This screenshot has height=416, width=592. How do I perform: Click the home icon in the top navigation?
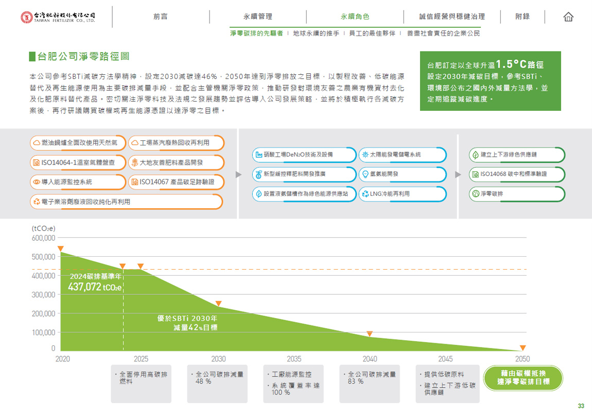click(568, 17)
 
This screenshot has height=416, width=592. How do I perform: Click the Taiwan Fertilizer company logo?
click(58, 17)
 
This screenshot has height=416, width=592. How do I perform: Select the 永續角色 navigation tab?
click(355, 16)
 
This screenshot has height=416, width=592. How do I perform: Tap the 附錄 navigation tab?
click(523, 16)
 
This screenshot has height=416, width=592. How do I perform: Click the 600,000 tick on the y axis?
click(43, 238)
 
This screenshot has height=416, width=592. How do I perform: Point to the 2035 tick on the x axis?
click(294, 359)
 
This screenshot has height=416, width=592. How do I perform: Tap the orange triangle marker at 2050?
click(523, 348)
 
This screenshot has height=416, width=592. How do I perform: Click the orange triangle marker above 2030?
click(218, 304)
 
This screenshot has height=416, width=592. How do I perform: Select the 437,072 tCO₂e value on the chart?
click(95, 287)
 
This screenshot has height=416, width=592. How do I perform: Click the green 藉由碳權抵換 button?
click(523, 378)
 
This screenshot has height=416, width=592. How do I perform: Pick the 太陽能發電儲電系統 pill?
click(402, 155)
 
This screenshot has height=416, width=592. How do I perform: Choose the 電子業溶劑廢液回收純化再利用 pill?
click(127, 202)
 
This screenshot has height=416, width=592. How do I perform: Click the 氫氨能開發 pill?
click(402, 174)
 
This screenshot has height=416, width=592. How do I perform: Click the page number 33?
click(581, 406)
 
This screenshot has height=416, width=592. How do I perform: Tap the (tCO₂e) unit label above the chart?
click(43, 228)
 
